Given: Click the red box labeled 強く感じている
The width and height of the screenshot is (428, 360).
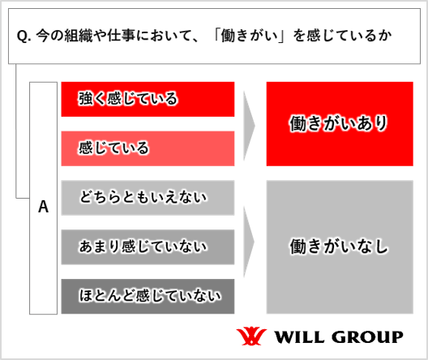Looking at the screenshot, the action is (148, 100).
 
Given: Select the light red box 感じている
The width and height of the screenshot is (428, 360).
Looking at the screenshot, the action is (148, 148).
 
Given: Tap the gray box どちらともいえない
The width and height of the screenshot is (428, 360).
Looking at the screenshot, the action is (148, 198).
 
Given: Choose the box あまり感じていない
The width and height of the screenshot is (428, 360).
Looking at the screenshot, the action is (148, 247).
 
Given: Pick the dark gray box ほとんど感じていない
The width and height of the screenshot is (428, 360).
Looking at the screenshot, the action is (148, 297).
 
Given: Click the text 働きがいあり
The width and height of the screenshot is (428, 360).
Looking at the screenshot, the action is (339, 123).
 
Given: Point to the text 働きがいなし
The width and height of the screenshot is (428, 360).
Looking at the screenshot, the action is (339, 246).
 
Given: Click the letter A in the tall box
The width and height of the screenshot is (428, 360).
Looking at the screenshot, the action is (44, 207).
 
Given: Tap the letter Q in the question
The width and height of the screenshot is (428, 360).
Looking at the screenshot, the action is (22, 36).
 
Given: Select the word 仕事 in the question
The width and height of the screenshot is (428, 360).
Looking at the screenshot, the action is (122, 36).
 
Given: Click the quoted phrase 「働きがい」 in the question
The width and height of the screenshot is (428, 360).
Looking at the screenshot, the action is (249, 36).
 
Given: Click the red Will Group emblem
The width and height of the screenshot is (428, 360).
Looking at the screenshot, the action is (251, 336).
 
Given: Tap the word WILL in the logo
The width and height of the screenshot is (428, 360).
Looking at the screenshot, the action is (299, 336).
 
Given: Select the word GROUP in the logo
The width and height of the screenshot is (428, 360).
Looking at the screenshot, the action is (367, 336).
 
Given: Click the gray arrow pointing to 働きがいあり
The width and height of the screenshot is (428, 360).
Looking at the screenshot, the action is (249, 126).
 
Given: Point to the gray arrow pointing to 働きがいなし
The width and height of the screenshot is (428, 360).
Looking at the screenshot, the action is (249, 242).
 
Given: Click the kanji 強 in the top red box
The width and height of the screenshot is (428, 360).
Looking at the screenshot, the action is (85, 99).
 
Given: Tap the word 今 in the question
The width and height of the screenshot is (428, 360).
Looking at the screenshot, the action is (43, 36).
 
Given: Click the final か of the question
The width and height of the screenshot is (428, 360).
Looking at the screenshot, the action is (385, 36).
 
